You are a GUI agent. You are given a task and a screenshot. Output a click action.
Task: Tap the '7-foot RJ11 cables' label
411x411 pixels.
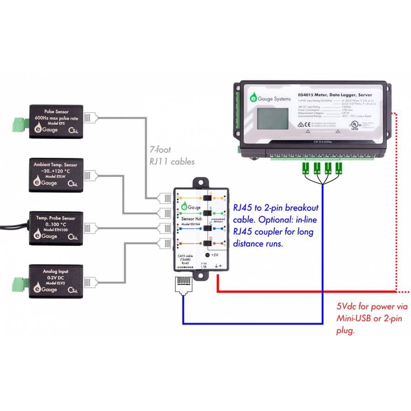(x=172, y=155)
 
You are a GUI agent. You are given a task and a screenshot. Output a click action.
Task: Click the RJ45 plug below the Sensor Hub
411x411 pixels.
(x=183, y=285)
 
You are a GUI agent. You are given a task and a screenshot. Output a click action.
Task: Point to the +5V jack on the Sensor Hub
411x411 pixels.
(x=208, y=255)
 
